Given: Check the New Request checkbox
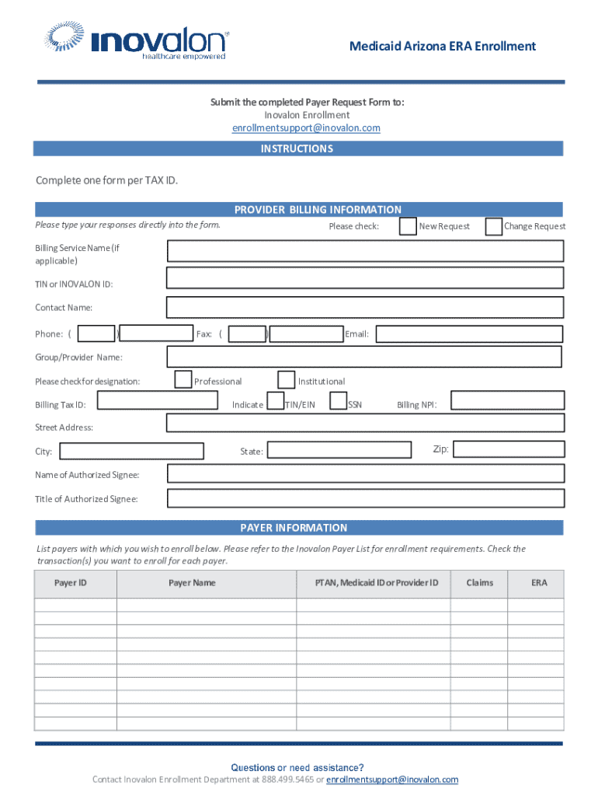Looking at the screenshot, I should [x=407, y=226].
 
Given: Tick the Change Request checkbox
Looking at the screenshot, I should [x=493, y=226].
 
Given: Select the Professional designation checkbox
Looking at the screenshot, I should [x=183, y=379].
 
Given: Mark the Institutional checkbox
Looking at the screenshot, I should [x=287, y=379].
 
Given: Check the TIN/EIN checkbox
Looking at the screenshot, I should [x=275, y=401].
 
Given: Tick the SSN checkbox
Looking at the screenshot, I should [x=338, y=401].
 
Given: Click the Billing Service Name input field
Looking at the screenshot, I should [x=365, y=250].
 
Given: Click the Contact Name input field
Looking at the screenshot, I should [x=365, y=306].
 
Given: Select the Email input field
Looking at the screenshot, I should [x=469, y=333].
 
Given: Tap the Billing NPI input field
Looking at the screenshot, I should [x=507, y=400].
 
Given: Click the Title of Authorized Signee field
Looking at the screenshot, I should [x=365, y=497].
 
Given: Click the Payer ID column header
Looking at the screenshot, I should [x=70, y=583].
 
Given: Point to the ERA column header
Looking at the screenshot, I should [x=539, y=583].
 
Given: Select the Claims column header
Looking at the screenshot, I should [x=479, y=583].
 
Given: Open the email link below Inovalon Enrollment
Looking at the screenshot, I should [x=306, y=128].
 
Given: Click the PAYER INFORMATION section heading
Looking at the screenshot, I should [x=294, y=528].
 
